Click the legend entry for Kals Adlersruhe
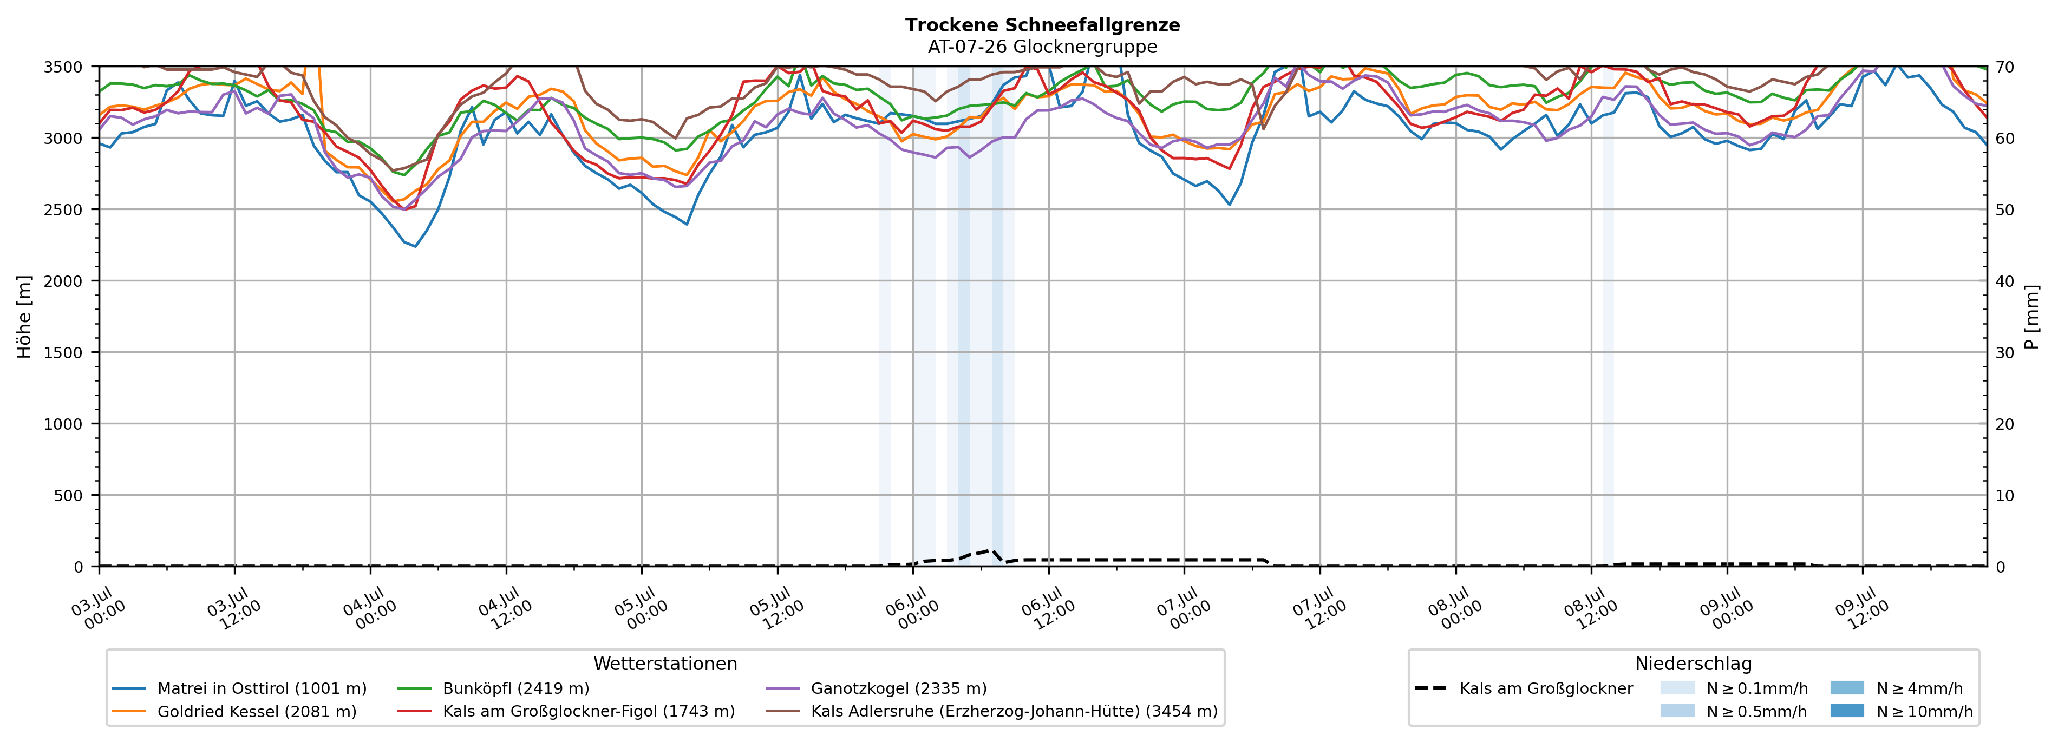991,712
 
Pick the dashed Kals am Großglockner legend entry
1524,688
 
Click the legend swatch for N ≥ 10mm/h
1846,711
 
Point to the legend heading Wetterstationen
665,664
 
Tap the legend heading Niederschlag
1694,664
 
